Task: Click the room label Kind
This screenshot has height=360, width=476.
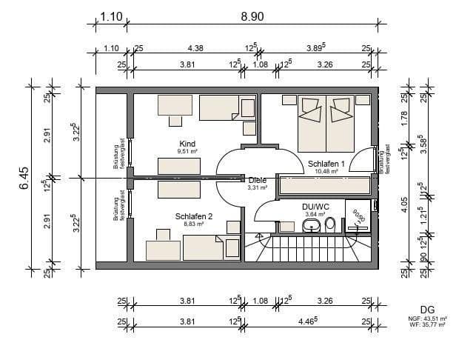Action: point(187,143)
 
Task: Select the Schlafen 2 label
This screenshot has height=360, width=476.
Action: point(193,216)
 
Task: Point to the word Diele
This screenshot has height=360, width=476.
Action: point(258,179)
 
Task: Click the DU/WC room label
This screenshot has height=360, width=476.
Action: point(316,207)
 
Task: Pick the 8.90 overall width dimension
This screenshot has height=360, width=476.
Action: point(252,16)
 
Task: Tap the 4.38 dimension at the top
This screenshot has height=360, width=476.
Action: point(195,48)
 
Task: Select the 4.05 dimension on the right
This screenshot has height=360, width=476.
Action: point(405,204)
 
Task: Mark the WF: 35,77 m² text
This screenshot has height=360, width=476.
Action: point(427,324)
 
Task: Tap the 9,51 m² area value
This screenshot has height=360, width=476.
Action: point(187,151)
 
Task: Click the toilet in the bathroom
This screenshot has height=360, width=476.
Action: point(330,223)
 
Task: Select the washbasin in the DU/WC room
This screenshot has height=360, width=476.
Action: point(312,224)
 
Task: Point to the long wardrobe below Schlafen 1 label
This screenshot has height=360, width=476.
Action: point(324,185)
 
